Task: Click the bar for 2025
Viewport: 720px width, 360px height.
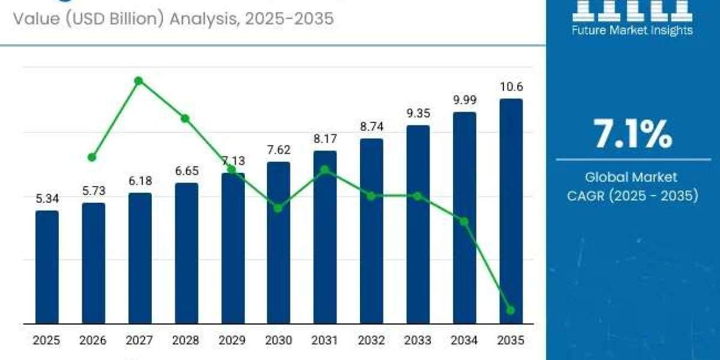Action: pos(47,267)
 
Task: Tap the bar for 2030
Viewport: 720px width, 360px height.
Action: pos(278,242)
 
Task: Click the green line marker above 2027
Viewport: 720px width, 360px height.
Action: pos(139,80)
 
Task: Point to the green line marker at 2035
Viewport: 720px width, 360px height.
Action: pos(511,310)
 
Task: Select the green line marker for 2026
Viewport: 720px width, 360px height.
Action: pos(92,157)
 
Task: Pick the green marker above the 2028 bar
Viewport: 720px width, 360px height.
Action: pos(185,118)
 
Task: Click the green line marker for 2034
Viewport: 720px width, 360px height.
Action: pos(464,221)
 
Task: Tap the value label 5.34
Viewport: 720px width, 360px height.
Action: pos(47,199)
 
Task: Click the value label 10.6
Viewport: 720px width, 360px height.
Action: pos(511,87)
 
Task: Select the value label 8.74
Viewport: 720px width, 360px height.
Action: pos(371,127)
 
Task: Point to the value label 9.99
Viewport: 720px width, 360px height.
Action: pos(464,100)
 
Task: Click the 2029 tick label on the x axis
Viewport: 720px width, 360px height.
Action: pos(232,341)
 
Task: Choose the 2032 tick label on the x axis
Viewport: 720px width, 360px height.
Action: pos(371,341)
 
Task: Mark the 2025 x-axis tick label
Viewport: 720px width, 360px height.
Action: pos(47,341)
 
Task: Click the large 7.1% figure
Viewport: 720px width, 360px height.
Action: pos(632,134)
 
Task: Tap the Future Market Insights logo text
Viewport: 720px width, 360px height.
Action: pos(632,30)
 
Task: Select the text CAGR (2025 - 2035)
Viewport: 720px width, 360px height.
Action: pos(632,196)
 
